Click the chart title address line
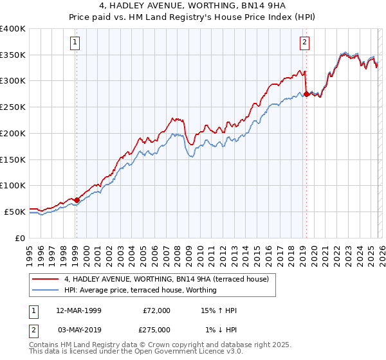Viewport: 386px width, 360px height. (x=192, y=6)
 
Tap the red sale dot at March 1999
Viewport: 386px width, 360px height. (x=77, y=200)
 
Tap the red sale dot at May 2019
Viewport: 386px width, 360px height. (x=306, y=94)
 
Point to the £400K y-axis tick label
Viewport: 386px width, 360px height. (x=13, y=29)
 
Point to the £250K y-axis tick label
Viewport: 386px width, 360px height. (x=13, y=107)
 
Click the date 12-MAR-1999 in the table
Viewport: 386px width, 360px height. (x=79, y=310)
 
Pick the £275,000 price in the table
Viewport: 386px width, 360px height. (x=156, y=330)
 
